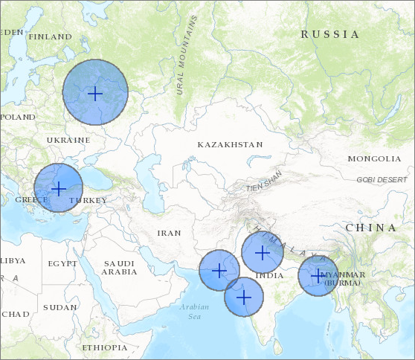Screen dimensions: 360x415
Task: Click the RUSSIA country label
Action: coord(329,34)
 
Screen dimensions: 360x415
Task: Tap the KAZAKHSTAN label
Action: coord(230,144)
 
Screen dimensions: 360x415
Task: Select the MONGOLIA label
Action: coord(374,159)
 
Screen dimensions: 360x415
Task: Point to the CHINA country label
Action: coord(371,228)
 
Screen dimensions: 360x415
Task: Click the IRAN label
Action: coord(169,233)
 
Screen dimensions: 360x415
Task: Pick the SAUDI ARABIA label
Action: coord(119,268)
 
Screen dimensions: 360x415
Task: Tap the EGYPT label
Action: coord(62,264)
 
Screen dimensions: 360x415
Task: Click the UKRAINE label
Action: coord(68,140)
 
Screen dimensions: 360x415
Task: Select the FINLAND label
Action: coord(49,36)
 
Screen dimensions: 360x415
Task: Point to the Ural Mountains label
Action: coord(187,55)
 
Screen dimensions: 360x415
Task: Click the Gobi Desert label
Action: coord(382,180)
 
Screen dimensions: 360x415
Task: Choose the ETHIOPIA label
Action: coord(105,347)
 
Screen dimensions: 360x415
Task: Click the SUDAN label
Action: coord(59,307)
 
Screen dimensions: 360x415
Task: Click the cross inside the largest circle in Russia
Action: coord(94,93)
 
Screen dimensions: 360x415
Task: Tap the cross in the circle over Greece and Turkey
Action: coord(58,188)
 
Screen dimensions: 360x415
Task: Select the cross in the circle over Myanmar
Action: coord(318,276)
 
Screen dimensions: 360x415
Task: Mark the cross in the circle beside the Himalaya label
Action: coord(262,252)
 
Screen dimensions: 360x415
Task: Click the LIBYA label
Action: coord(12,260)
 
